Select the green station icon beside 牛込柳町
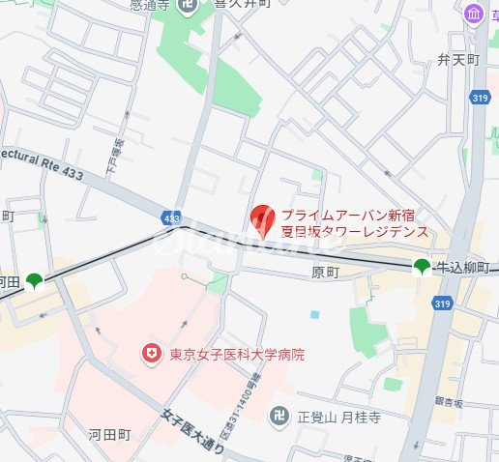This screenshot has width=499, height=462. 423,268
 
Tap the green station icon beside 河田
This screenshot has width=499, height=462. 35,281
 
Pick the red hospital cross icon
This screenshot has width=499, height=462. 151,355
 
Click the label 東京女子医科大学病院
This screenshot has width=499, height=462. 236,355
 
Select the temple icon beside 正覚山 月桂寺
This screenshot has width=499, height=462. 280,419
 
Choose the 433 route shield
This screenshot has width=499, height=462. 171,220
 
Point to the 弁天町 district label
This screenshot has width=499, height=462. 457,59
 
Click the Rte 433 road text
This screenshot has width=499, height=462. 41,162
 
